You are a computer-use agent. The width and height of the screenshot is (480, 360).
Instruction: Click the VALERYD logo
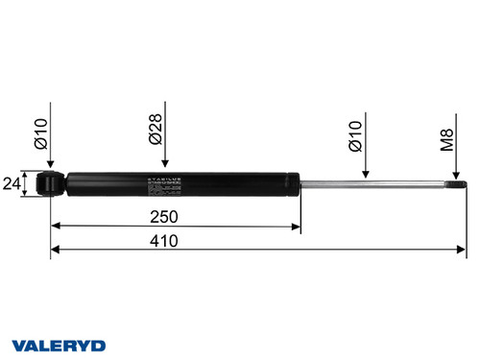point(59,344)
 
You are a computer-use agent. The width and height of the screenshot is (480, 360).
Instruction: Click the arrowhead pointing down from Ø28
point(166,164)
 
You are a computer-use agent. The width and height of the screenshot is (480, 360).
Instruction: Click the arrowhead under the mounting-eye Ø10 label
point(50,167)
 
